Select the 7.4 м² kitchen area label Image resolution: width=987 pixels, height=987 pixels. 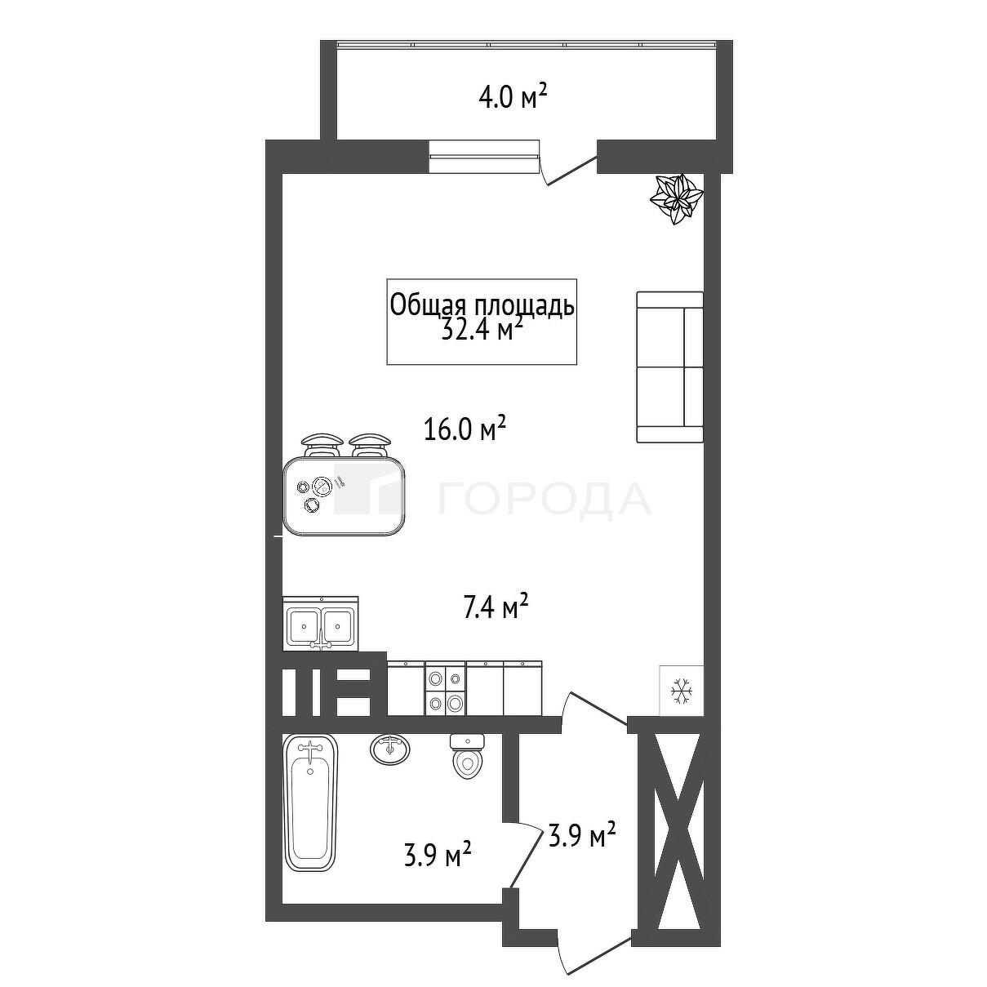point(496,606)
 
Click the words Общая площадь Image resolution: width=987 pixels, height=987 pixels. point(482,306)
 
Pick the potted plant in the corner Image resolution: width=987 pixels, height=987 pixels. point(676,198)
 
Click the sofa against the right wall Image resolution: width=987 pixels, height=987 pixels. point(669,367)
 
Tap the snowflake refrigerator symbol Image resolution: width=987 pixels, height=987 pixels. point(682,691)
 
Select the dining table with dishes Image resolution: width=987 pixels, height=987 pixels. point(345,496)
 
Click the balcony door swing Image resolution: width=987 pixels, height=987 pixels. point(567,167)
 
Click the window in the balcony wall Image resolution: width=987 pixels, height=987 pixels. point(484,156)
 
